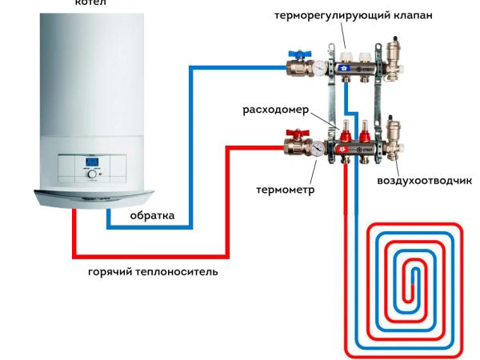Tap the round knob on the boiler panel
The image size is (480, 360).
click(111, 169)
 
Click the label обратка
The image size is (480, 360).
click(153, 216)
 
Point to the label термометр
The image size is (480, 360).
click(285, 190)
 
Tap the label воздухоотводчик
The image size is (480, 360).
click(424, 181)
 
